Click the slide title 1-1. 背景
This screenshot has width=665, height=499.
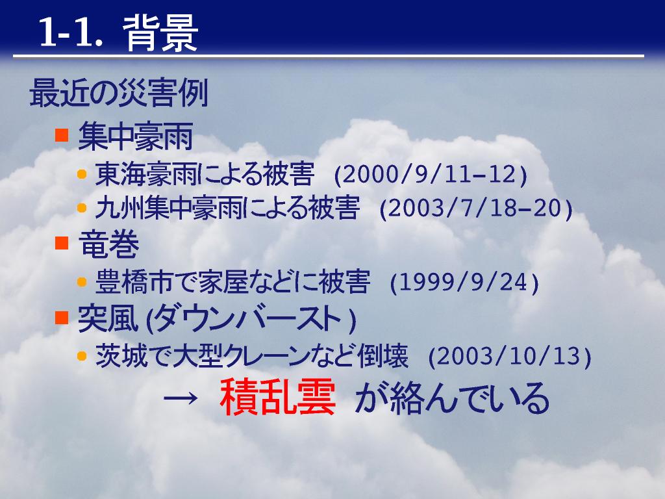(118, 33)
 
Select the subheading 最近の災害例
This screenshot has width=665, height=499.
(118, 93)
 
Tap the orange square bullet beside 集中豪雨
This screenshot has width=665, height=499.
(62, 135)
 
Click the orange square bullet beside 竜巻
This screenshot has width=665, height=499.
(62, 243)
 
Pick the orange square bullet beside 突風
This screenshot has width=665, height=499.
(62, 317)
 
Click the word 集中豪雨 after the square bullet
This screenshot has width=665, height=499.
(136, 136)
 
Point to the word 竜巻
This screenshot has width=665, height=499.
(108, 244)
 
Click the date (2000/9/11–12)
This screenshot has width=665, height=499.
(431, 174)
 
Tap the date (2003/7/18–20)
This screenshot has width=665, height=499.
(476, 208)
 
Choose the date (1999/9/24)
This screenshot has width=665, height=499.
(464, 282)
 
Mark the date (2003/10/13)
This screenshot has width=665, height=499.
(510, 356)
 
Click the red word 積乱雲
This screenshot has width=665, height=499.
(278, 397)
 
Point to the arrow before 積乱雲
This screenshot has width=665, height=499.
(181, 398)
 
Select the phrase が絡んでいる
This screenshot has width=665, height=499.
(452, 398)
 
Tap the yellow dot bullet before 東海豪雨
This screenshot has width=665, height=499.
(82, 174)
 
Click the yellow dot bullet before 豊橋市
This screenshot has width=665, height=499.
(82, 282)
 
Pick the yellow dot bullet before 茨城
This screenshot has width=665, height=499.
(82, 355)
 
